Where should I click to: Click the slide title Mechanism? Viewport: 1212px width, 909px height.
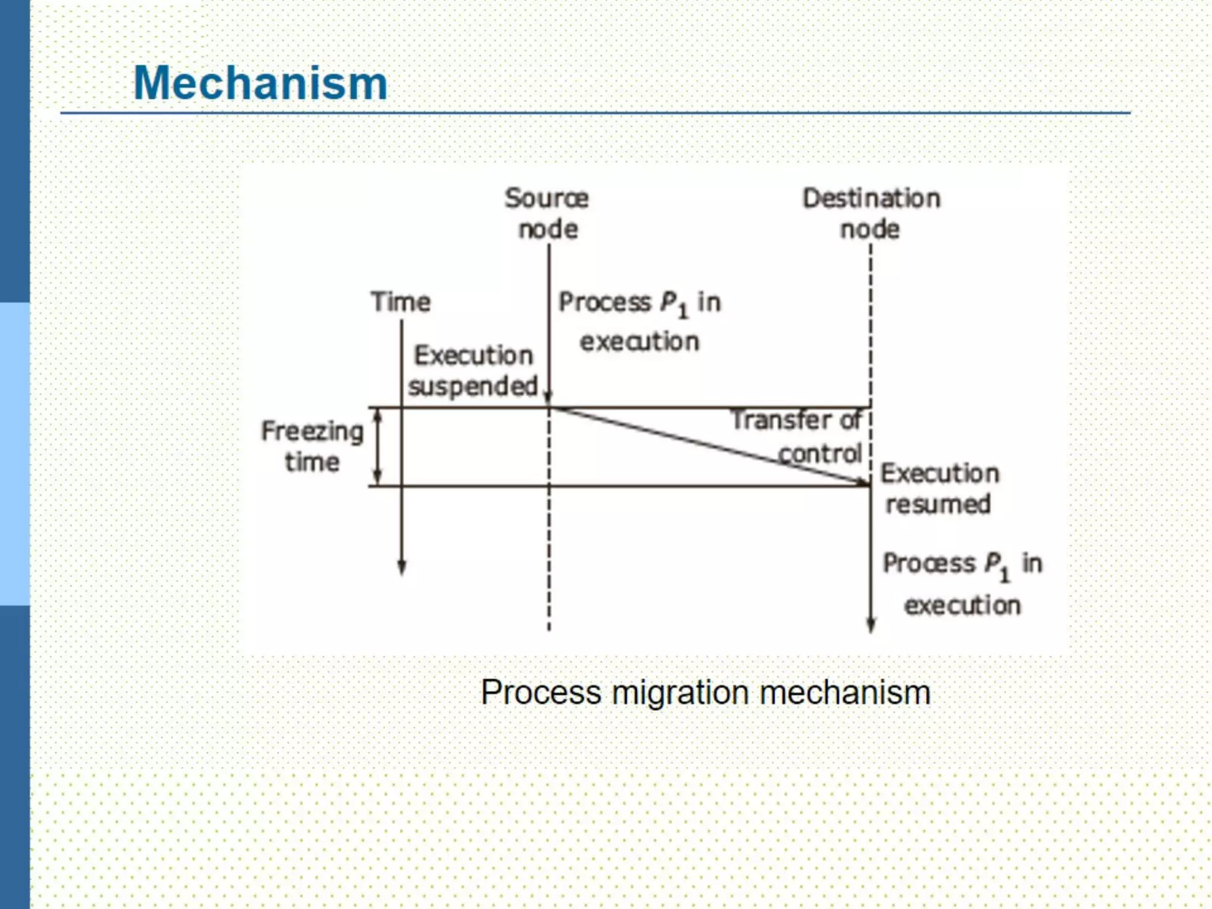coord(260,83)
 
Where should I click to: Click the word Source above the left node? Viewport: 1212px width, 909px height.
coord(546,198)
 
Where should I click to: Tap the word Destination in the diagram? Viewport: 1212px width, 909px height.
coord(871,198)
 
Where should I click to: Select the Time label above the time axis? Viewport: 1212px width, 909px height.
coord(401,302)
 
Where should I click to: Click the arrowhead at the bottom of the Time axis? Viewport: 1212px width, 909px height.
coord(402,568)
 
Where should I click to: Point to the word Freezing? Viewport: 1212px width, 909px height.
coord(312,431)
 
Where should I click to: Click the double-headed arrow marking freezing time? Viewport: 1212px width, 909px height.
coord(379,447)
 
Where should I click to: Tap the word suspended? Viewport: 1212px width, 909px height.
coord(473,386)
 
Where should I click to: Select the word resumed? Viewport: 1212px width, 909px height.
coord(938,504)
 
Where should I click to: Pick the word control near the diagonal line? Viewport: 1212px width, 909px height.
coord(820,454)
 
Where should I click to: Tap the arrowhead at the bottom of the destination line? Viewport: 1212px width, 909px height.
coord(871,626)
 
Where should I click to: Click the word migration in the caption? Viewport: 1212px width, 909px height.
coord(681,692)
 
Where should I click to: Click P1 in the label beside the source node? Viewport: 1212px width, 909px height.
coord(674,304)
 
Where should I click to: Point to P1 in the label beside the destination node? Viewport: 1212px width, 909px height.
coord(997,565)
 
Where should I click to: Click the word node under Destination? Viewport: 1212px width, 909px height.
coord(870,229)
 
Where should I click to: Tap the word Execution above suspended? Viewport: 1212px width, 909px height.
coord(473,355)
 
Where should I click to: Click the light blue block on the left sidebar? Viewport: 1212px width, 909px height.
coord(15,454)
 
